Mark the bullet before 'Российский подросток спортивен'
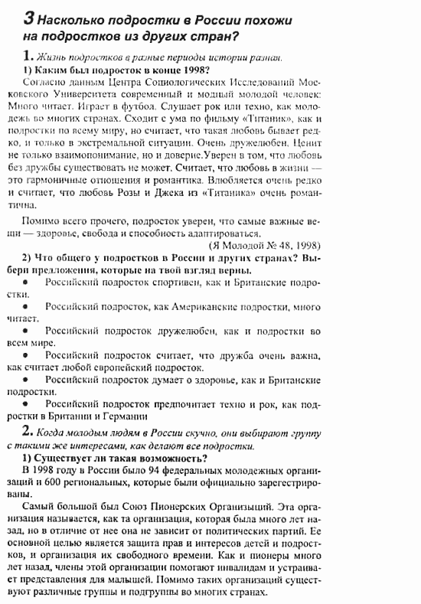coord(27,282)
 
